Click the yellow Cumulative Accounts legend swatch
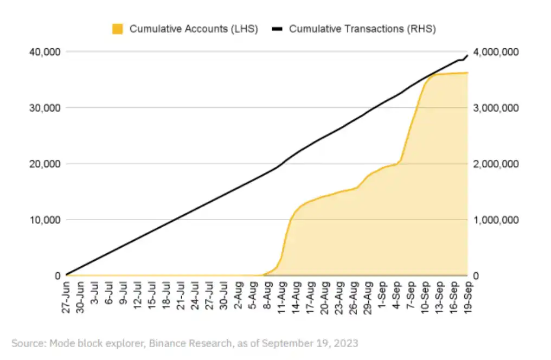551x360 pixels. click(118, 29)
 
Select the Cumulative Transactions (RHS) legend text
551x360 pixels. click(362, 29)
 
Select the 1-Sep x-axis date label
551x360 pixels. click(381, 294)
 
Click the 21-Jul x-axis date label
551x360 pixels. click(181, 294)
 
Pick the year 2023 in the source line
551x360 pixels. click(348, 343)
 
